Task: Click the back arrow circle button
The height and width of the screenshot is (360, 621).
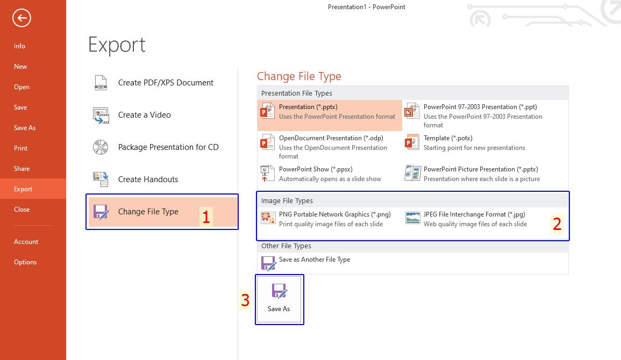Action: click(22, 18)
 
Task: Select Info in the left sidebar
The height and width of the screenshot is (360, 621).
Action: click(20, 46)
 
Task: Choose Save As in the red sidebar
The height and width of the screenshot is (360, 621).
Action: click(25, 128)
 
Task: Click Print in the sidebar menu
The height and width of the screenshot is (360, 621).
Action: click(21, 148)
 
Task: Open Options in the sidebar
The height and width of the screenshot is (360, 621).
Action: click(25, 262)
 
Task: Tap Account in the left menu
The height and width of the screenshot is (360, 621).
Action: click(26, 242)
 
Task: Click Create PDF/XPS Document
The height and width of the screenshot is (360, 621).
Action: click(165, 83)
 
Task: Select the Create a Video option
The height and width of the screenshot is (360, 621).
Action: click(144, 115)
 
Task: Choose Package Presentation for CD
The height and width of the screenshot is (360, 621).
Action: click(168, 147)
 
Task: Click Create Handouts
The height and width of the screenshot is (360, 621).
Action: click(148, 179)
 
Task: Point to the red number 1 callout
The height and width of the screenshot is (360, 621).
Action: click(206, 217)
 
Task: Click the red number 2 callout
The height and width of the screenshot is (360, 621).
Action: click(557, 224)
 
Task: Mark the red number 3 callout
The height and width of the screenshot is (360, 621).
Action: click(245, 300)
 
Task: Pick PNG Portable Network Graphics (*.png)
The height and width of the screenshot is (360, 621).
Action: click(334, 214)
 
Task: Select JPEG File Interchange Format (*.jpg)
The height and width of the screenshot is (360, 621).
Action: click(474, 214)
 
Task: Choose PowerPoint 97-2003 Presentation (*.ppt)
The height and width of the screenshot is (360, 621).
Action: click(480, 107)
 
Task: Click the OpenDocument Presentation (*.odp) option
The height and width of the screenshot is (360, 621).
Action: click(331, 138)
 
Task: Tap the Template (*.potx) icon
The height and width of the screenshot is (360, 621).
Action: click(412, 142)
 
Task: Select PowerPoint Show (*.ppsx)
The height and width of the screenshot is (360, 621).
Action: click(315, 169)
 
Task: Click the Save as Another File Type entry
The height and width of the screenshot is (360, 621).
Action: click(314, 260)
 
